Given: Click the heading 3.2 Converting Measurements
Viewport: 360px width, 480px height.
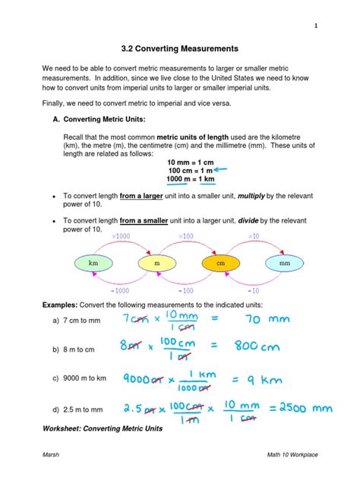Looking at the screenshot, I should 180,49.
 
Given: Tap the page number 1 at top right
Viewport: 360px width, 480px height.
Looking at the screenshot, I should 313,26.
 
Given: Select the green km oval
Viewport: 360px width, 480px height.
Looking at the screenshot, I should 94,263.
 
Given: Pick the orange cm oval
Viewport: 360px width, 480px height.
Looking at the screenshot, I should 221,263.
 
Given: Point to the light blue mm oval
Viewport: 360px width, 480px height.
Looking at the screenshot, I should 285,263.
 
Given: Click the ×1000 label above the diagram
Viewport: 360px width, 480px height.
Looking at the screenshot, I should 121,237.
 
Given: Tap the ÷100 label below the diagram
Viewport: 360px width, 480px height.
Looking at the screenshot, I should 186,290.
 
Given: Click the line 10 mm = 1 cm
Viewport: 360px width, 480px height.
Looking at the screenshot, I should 190,162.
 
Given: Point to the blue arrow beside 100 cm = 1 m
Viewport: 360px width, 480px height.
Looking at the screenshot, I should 224,172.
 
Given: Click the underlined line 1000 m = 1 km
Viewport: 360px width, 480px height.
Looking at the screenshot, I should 190,179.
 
